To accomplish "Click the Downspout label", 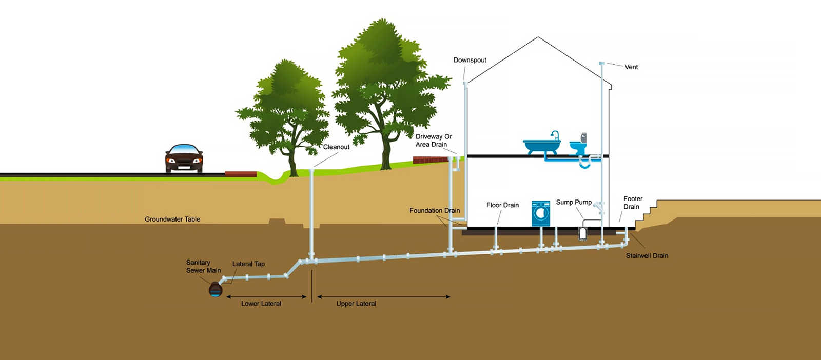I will pyautogui.click(x=470, y=60).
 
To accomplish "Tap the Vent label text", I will pyautogui.click(x=631, y=67).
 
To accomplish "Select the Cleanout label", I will pyautogui.click(x=336, y=147).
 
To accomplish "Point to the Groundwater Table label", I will pyautogui.click(x=172, y=219).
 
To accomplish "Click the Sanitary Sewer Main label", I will pyautogui.click(x=203, y=267).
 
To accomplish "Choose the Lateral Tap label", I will pyautogui.click(x=248, y=264).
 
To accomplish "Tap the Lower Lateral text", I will pyautogui.click(x=261, y=304).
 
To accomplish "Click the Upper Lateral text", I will pyautogui.click(x=356, y=304).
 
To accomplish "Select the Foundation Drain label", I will pyautogui.click(x=435, y=211).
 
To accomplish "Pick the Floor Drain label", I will pyautogui.click(x=502, y=205).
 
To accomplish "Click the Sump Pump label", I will pyautogui.click(x=574, y=202).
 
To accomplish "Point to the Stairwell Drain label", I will pyautogui.click(x=647, y=256).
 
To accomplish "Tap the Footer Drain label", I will pyautogui.click(x=632, y=203).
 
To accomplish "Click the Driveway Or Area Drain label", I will pyautogui.click(x=434, y=141).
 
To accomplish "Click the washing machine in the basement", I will pyautogui.click(x=541, y=213).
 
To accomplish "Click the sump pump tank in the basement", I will pyautogui.click(x=582, y=233).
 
